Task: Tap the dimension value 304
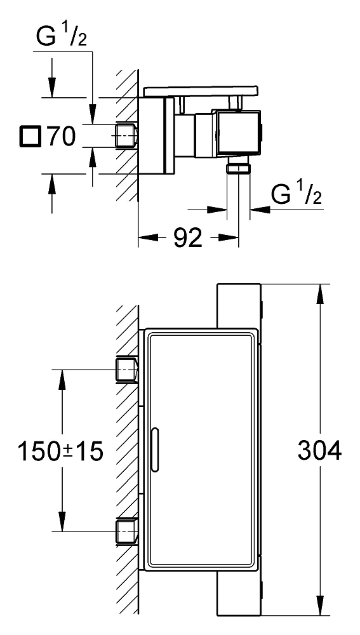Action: tap(319, 451)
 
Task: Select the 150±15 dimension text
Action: tap(60, 451)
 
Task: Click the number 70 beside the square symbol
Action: tap(60, 136)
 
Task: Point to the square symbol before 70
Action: tap(30, 136)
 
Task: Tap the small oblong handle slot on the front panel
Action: tap(155, 451)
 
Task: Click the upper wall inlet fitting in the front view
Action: tap(128, 370)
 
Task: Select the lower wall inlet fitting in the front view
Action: tap(128, 531)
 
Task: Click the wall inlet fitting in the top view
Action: tap(128, 135)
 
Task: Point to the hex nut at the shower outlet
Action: tap(238, 168)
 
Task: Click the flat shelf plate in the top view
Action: tap(201, 91)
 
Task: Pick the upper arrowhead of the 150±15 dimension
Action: tap(62, 379)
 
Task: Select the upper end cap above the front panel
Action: tap(239, 306)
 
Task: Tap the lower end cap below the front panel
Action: tap(239, 596)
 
